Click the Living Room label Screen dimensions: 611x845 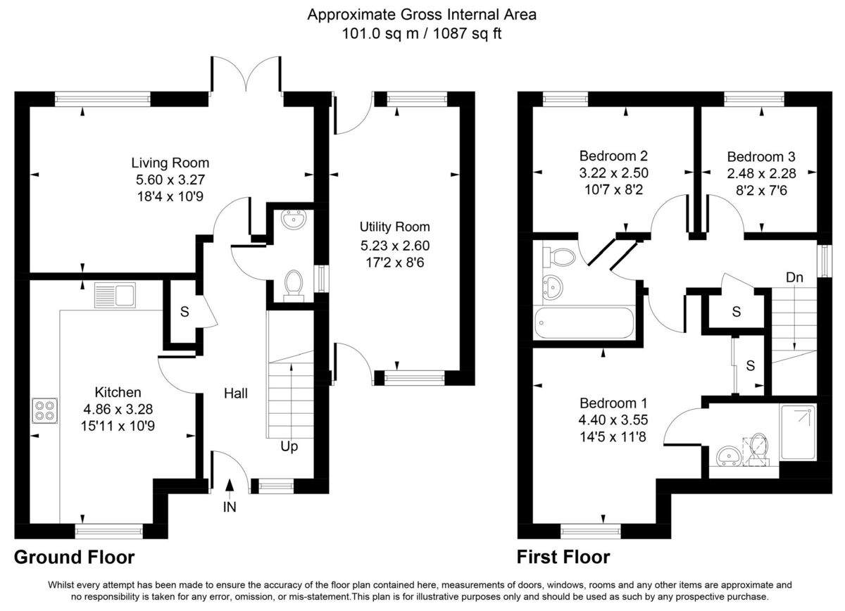click(x=170, y=163)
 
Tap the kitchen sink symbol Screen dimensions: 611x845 click(x=115, y=296)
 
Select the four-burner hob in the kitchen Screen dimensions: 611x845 click(x=44, y=410)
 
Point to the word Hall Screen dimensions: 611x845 click(x=236, y=393)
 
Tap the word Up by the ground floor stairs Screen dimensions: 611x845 click(x=289, y=446)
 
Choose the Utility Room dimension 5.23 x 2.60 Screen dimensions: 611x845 click(x=394, y=246)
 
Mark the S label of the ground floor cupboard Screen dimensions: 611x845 click(x=184, y=313)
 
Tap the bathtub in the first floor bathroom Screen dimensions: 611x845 click(x=584, y=323)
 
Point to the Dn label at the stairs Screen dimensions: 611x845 click(x=794, y=277)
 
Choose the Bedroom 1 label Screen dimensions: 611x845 click(x=613, y=403)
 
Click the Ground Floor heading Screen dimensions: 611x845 click(x=75, y=558)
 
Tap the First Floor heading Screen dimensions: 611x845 click(x=563, y=558)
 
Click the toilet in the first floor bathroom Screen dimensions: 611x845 click(x=559, y=257)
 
